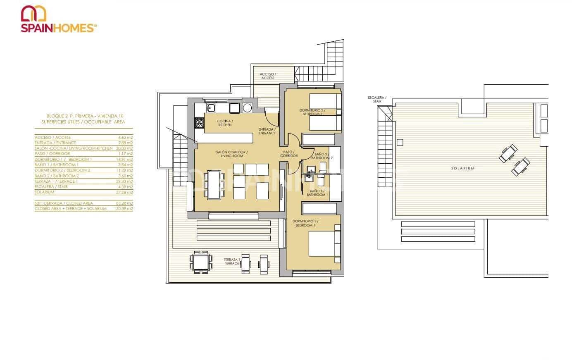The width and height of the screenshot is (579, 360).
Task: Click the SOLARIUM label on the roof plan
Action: coord(462,168)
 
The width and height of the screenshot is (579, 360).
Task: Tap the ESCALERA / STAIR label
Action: coord(377,99)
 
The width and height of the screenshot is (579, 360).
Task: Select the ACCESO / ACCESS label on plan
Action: coord(267,76)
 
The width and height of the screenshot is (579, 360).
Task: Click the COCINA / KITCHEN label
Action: coord(225,123)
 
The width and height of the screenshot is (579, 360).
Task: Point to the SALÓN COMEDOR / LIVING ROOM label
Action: coord(231,154)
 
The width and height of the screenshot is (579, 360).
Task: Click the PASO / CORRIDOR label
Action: coord(288,154)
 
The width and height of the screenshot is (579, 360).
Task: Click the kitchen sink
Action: coord(210,108)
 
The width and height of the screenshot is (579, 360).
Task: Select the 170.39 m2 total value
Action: coord(123,209)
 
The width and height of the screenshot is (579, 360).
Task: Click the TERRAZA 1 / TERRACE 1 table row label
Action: coord(56,181)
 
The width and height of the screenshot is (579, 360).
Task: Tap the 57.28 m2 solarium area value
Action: coord(124,192)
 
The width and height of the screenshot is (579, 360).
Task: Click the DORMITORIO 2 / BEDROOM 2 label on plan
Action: coord(312,112)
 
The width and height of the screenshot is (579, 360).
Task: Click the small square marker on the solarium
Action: coord(399,143)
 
